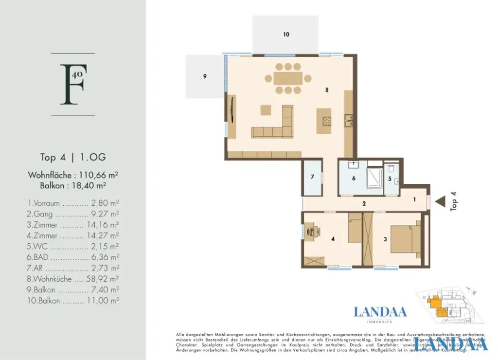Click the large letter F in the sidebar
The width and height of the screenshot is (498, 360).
(71, 84)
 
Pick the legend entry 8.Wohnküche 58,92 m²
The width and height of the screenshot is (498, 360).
(73, 279)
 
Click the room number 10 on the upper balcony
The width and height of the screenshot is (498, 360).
(286, 35)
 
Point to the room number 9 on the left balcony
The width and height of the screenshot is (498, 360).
(205, 76)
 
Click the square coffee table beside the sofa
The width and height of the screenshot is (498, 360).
(266, 110)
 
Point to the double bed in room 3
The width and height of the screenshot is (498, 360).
(405, 239)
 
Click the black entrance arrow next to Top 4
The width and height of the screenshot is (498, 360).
(441, 200)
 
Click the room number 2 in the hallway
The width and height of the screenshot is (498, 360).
(364, 203)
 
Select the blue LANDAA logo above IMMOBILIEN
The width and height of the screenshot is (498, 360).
(380, 312)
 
